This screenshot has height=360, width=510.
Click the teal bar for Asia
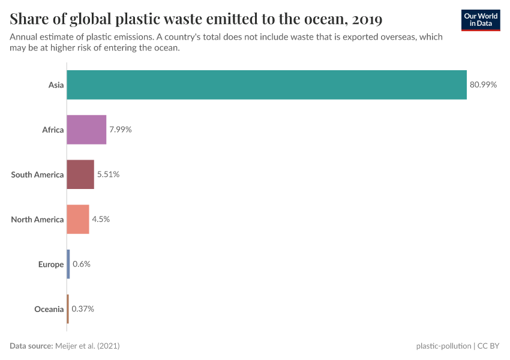click(x=266, y=85)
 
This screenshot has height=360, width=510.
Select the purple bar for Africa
click(x=86, y=130)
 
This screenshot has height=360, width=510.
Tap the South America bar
click(x=80, y=175)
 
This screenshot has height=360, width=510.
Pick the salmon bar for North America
click(x=78, y=219)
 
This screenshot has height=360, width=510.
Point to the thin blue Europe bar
click(x=68, y=264)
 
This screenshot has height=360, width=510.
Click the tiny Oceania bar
click(x=68, y=309)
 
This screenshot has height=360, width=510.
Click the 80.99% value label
click(x=483, y=85)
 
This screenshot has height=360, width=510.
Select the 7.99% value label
click(x=120, y=130)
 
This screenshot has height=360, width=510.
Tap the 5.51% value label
click(x=108, y=175)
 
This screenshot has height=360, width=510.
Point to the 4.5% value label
click(x=101, y=219)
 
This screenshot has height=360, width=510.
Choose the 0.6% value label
click(x=82, y=264)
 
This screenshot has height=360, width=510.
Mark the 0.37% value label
click(x=83, y=309)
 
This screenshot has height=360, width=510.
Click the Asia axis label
click(x=56, y=85)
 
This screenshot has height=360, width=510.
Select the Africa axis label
click(x=53, y=130)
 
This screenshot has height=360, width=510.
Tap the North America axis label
click(x=37, y=219)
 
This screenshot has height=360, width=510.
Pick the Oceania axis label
click(x=49, y=309)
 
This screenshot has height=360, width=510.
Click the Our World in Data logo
click(x=480, y=20)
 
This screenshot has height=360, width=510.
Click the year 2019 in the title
click(x=367, y=20)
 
